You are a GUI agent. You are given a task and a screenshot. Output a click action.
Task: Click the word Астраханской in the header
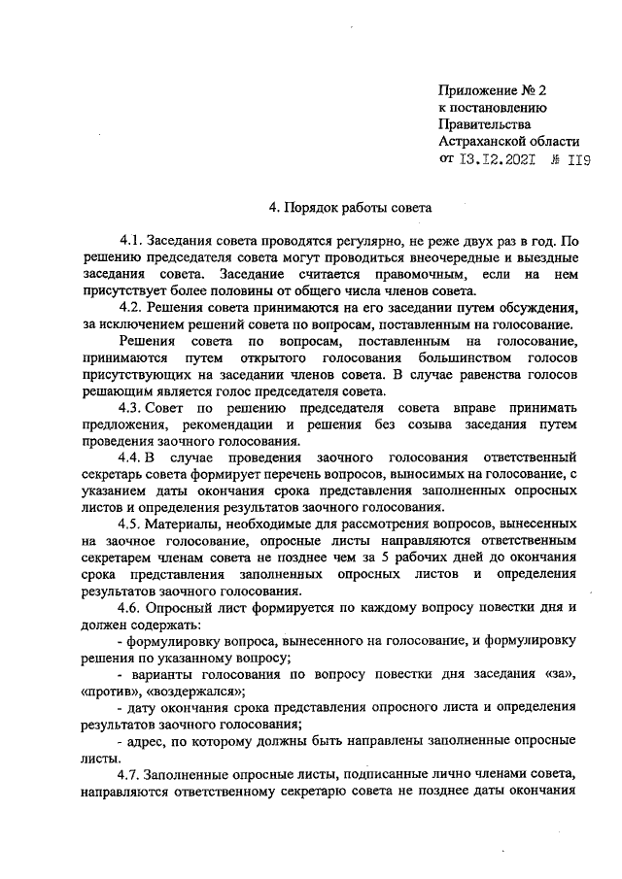pyautogui.click(x=485, y=142)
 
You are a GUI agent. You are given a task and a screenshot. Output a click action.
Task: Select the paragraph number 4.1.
pyautogui.click(x=131, y=241)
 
